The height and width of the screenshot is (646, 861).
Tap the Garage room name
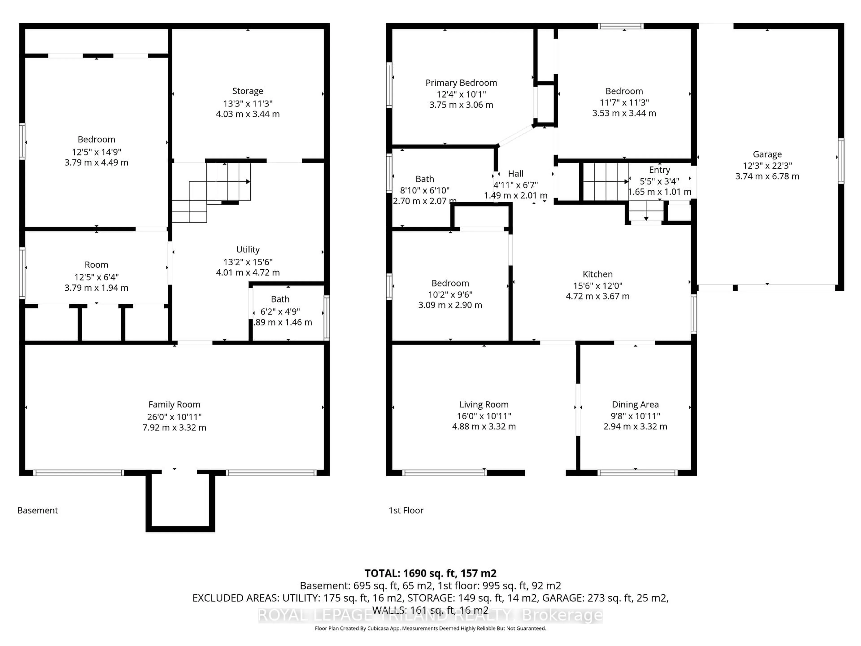(x=767, y=154)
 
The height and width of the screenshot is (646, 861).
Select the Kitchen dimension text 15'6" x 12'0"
(x=598, y=285)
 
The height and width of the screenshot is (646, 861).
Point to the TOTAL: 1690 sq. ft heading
(x=430, y=573)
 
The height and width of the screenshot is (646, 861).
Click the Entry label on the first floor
(x=659, y=170)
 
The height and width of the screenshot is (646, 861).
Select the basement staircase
(x=218, y=187)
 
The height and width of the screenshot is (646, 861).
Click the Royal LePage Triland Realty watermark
(x=430, y=615)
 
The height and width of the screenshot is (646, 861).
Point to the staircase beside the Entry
(x=605, y=181)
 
